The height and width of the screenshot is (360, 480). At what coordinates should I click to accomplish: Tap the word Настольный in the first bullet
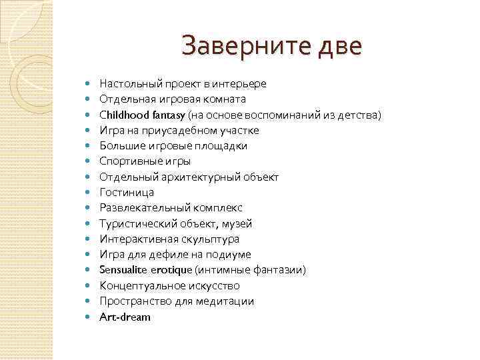[126, 84]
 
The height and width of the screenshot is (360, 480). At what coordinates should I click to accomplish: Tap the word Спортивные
[129, 161]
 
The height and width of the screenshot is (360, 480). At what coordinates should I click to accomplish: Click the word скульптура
[210, 239]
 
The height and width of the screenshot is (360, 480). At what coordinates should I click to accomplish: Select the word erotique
[173, 270]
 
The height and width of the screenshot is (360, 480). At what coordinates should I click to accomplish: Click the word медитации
[225, 301]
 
